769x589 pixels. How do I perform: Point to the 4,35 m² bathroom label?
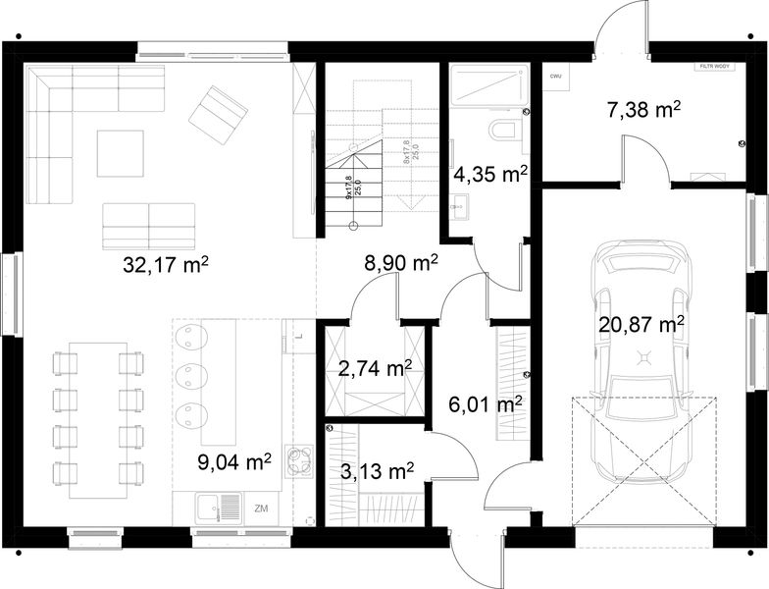(490, 176)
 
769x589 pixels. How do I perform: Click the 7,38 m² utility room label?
(644, 110)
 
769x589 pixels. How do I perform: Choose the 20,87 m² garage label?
(641, 323)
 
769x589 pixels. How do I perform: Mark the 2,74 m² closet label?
(374, 369)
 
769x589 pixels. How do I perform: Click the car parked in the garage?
(644, 363)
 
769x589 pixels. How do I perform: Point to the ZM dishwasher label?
(261, 509)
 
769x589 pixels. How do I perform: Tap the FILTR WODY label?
(714, 68)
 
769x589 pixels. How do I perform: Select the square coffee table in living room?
(120, 153)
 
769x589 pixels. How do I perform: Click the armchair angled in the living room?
(219, 112)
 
